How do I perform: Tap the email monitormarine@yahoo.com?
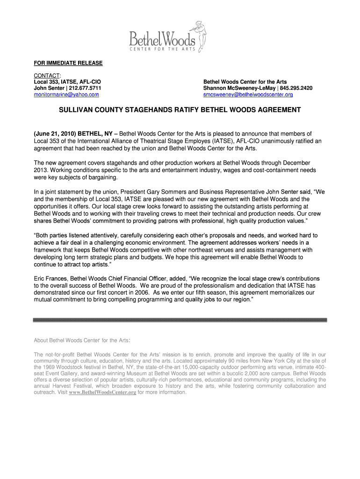click(66, 94)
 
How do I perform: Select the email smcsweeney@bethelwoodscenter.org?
click(248, 94)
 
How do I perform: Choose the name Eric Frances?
click(50, 278)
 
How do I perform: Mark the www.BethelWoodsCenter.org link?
click(102, 392)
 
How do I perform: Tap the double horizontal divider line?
click(180, 320)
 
